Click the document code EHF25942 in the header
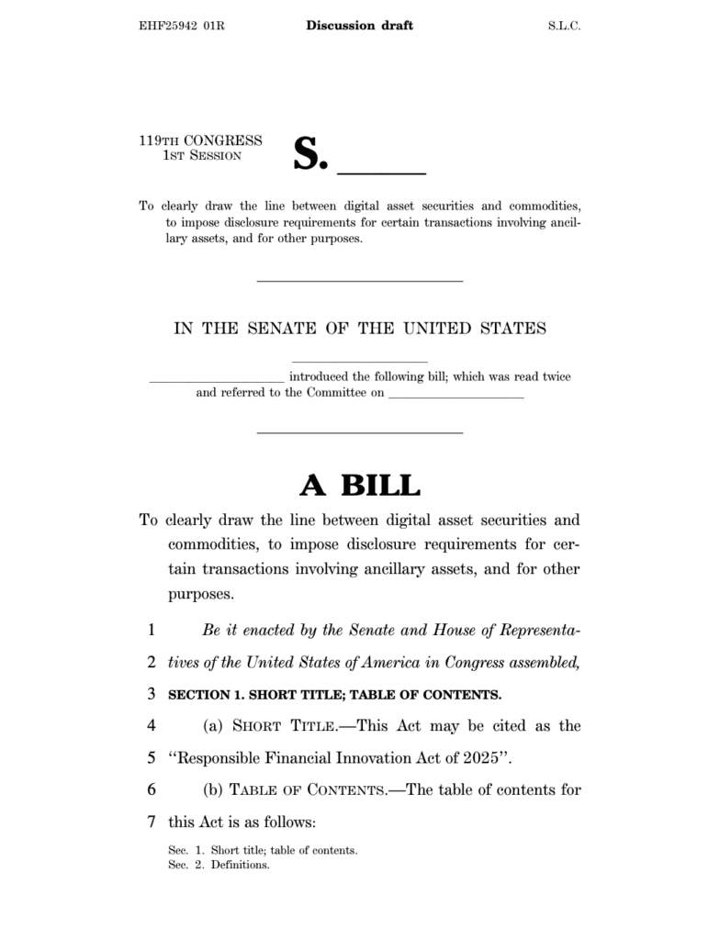[167, 26]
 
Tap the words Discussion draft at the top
[359, 26]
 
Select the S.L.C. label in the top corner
[559, 26]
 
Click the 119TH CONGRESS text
[200, 140]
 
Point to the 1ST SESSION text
[202, 155]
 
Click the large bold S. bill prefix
[309, 154]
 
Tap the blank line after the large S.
[382, 171]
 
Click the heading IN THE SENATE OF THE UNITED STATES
[360, 329]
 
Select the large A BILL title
[360, 485]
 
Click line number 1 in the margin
[151, 631]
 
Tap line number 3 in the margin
[151, 694]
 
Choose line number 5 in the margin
[151, 758]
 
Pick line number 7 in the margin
[151, 821]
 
